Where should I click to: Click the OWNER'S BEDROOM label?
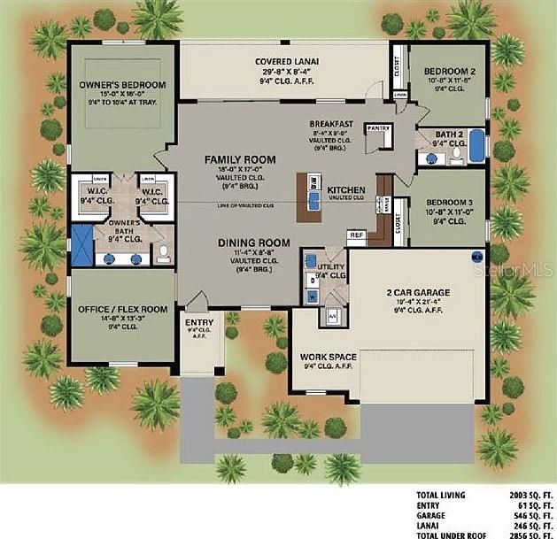[x=122, y=85]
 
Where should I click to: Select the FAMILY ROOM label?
[x=240, y=159]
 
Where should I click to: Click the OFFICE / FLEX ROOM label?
[x=121, y=308]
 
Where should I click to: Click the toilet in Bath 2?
[x=456, y=157]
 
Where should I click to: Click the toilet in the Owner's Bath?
[x=164, y=255]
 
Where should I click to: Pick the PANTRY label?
[x=378, y=128]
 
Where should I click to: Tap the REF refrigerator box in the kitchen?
[x=356, y=235]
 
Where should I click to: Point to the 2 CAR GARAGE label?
[x=419, y=292]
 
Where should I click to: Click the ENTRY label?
[x=193, y=322]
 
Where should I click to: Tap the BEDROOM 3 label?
[x=450, y=203]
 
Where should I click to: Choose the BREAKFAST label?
[x=332, y=123]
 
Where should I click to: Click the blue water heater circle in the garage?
[x=476, y=257]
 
